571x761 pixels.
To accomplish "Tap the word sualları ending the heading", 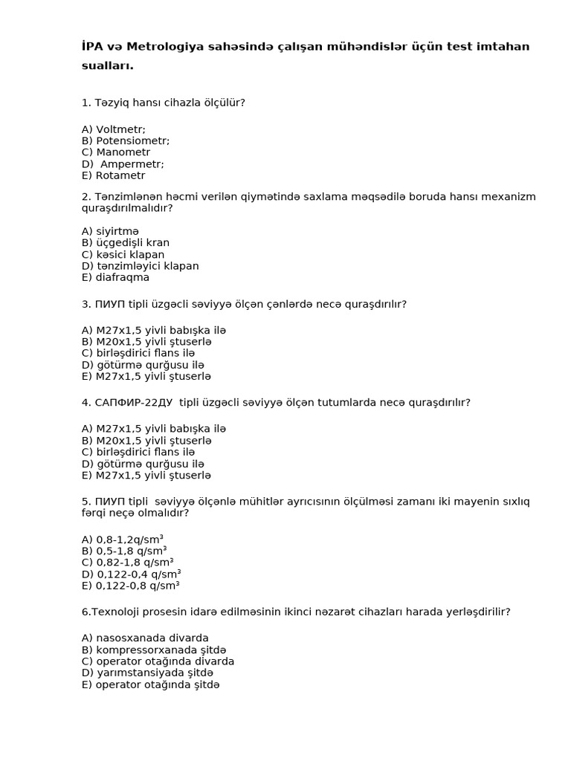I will (107, 65).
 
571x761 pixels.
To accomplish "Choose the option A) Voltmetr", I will (114, 129).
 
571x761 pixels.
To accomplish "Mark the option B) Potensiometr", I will (126, 140).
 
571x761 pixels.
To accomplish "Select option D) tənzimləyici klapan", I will (141, 266).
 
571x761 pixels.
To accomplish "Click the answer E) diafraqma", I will (116, 277).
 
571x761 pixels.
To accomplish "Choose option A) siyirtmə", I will (111, 231).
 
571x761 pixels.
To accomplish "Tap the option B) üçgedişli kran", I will (126, 242).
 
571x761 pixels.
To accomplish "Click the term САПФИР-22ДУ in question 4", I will (134, 403).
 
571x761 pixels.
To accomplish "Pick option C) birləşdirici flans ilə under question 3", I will (138, 353).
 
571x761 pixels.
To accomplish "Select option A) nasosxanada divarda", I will (145, 638).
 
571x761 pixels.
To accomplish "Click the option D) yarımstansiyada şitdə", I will (147, 673).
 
